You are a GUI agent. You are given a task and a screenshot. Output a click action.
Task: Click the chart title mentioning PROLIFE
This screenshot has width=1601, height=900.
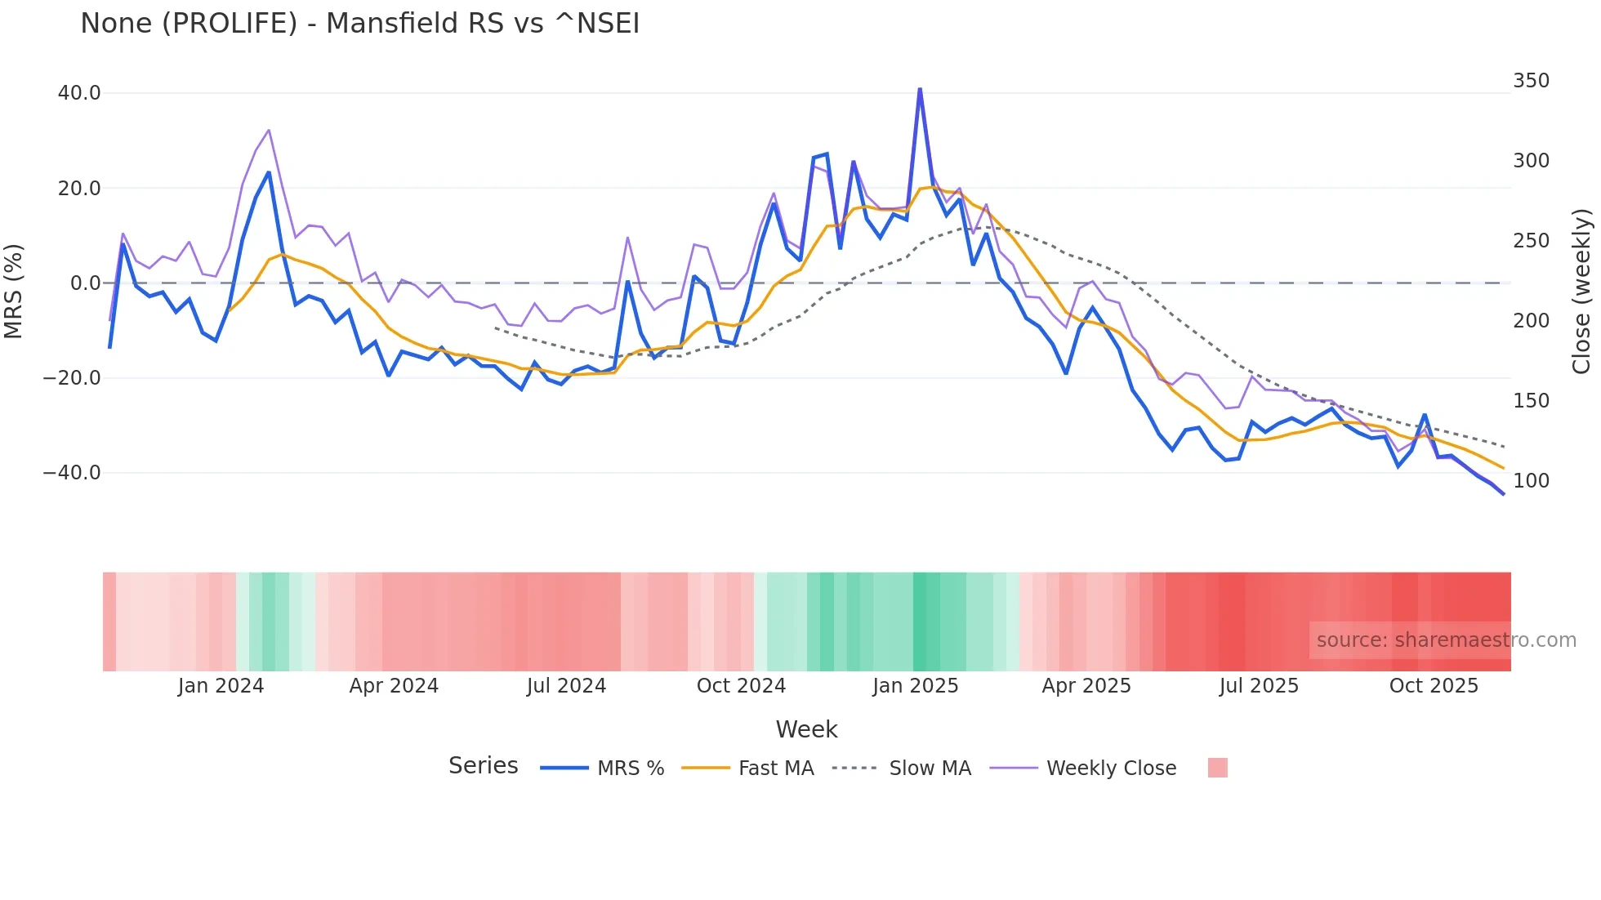(x=359, y=24)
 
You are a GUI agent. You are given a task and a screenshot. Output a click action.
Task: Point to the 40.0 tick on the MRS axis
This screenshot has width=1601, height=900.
(x=79, y=93)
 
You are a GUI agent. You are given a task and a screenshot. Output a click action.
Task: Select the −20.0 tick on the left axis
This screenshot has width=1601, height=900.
(x=72, y=378)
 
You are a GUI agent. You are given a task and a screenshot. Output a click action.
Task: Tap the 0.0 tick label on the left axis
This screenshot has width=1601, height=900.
(x=85, y=283)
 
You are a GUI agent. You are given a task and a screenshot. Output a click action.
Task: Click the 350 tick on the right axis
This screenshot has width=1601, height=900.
(x=1531, y=81)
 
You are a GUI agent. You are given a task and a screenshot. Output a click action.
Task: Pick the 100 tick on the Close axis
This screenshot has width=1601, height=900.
(x=1531, y=481)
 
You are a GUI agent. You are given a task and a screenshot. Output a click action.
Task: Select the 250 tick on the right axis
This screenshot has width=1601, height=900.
(x=1531, y=241)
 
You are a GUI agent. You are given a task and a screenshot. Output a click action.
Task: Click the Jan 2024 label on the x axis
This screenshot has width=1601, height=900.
(x=221, y=686)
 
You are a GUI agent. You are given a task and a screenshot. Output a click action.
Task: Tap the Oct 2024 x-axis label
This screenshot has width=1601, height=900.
(x=741, y=686)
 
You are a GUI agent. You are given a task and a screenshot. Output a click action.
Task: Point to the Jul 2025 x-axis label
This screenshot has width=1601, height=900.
(x=1259, y=686)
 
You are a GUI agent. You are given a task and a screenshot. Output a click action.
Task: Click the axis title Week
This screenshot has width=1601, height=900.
(x=806, y=729)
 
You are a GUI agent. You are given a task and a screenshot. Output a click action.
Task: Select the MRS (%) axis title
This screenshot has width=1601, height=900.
(x=14, y=291)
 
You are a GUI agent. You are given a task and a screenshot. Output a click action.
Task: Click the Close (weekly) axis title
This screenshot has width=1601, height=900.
(x=1582, y=292)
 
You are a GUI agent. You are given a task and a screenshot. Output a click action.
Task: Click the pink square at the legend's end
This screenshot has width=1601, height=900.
(x=1217, y=768)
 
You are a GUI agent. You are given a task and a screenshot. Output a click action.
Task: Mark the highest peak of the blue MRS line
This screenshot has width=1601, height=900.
(x=920, y=89)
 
